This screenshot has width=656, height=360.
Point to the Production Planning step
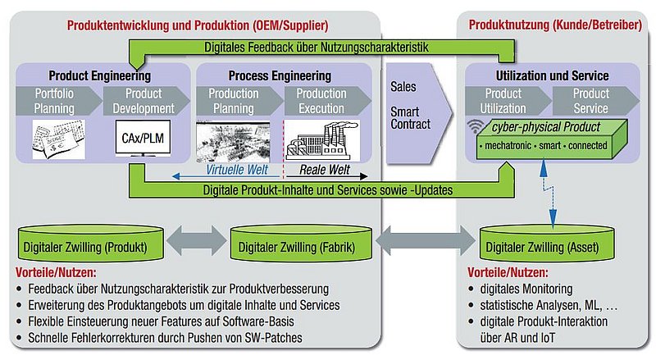232,101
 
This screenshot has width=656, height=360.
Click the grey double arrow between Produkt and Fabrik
189,243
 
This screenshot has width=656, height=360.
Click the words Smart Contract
409,120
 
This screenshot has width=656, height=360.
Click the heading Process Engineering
279,75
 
